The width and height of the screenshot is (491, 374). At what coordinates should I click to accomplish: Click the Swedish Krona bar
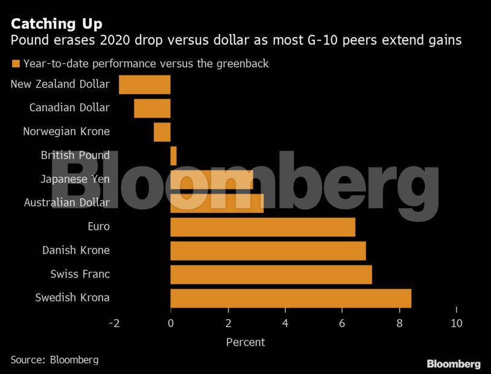[291, 298]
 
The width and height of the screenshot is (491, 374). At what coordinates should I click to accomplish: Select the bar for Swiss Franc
[271, 274]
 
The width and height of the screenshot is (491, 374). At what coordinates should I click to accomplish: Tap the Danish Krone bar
[268, 250]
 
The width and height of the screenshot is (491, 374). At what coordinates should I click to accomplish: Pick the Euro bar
[262, 227]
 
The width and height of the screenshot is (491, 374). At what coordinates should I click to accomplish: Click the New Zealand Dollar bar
[145, 84]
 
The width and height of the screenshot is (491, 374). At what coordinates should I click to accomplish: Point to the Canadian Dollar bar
[152, 108]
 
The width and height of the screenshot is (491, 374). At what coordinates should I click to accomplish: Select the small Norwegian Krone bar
[162, 132]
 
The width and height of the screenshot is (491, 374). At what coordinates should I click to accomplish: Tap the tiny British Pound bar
[173, 156]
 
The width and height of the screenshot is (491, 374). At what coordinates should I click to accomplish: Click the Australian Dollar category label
[67, 203]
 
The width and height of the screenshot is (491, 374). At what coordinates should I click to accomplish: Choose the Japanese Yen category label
[75, 179]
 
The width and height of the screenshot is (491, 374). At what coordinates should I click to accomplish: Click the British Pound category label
[75, 156]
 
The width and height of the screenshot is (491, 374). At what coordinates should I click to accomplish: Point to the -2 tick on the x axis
[113, 323]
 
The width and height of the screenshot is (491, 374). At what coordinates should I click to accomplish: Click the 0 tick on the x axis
[171, 323]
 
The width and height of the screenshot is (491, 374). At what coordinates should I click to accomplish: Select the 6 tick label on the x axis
[342, 323]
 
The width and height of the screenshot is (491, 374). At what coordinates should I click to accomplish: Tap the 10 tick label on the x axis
[457, 323]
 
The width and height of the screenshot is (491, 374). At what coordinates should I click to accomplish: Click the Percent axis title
[245, 342]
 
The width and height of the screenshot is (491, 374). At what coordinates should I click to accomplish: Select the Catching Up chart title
[56, 24]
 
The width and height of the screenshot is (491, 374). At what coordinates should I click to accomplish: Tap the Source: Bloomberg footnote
[54, 360]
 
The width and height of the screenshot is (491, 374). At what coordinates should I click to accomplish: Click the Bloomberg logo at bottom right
[454, 364]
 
